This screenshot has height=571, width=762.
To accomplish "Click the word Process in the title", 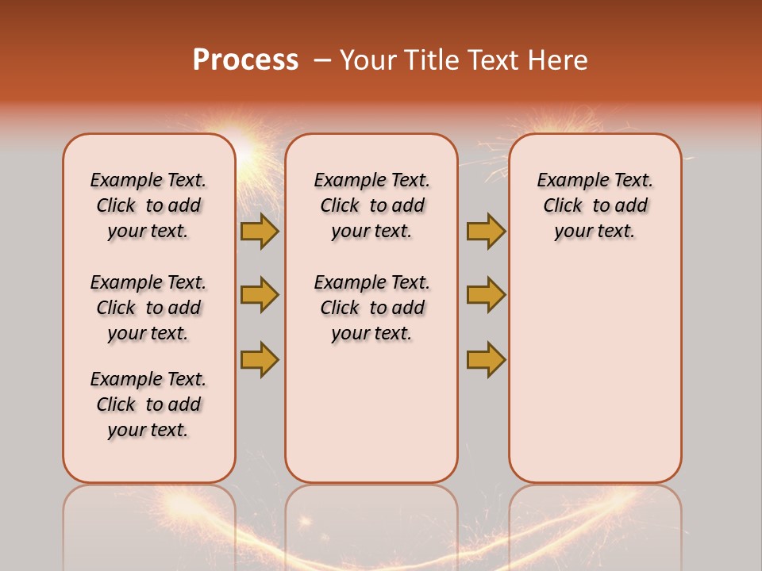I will (x=245, y=60).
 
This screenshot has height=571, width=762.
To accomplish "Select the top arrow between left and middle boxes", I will (x=260, y=231).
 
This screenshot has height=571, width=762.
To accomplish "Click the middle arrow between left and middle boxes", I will (x=260, y=295).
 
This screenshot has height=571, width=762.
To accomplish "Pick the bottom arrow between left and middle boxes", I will (x=260, y=359).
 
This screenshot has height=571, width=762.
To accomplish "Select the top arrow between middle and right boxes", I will (x=486, y=231).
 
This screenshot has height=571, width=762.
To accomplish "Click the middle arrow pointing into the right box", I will (x=486, y=295).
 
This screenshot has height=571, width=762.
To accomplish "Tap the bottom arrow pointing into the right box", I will (x=486, y=359).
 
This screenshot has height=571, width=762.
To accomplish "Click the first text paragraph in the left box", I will (x=148, y=205).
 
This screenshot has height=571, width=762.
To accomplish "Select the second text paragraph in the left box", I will (x=148, y=308).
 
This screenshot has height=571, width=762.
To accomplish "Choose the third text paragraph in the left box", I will (x=148, y=404).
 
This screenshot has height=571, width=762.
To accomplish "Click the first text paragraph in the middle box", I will (x=371, y=205).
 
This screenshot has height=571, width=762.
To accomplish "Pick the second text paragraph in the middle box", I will (x=371, y=308).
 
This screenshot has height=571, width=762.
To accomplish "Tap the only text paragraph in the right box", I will (x=595, y=205).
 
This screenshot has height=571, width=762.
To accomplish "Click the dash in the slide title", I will (x=321, y=60).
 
